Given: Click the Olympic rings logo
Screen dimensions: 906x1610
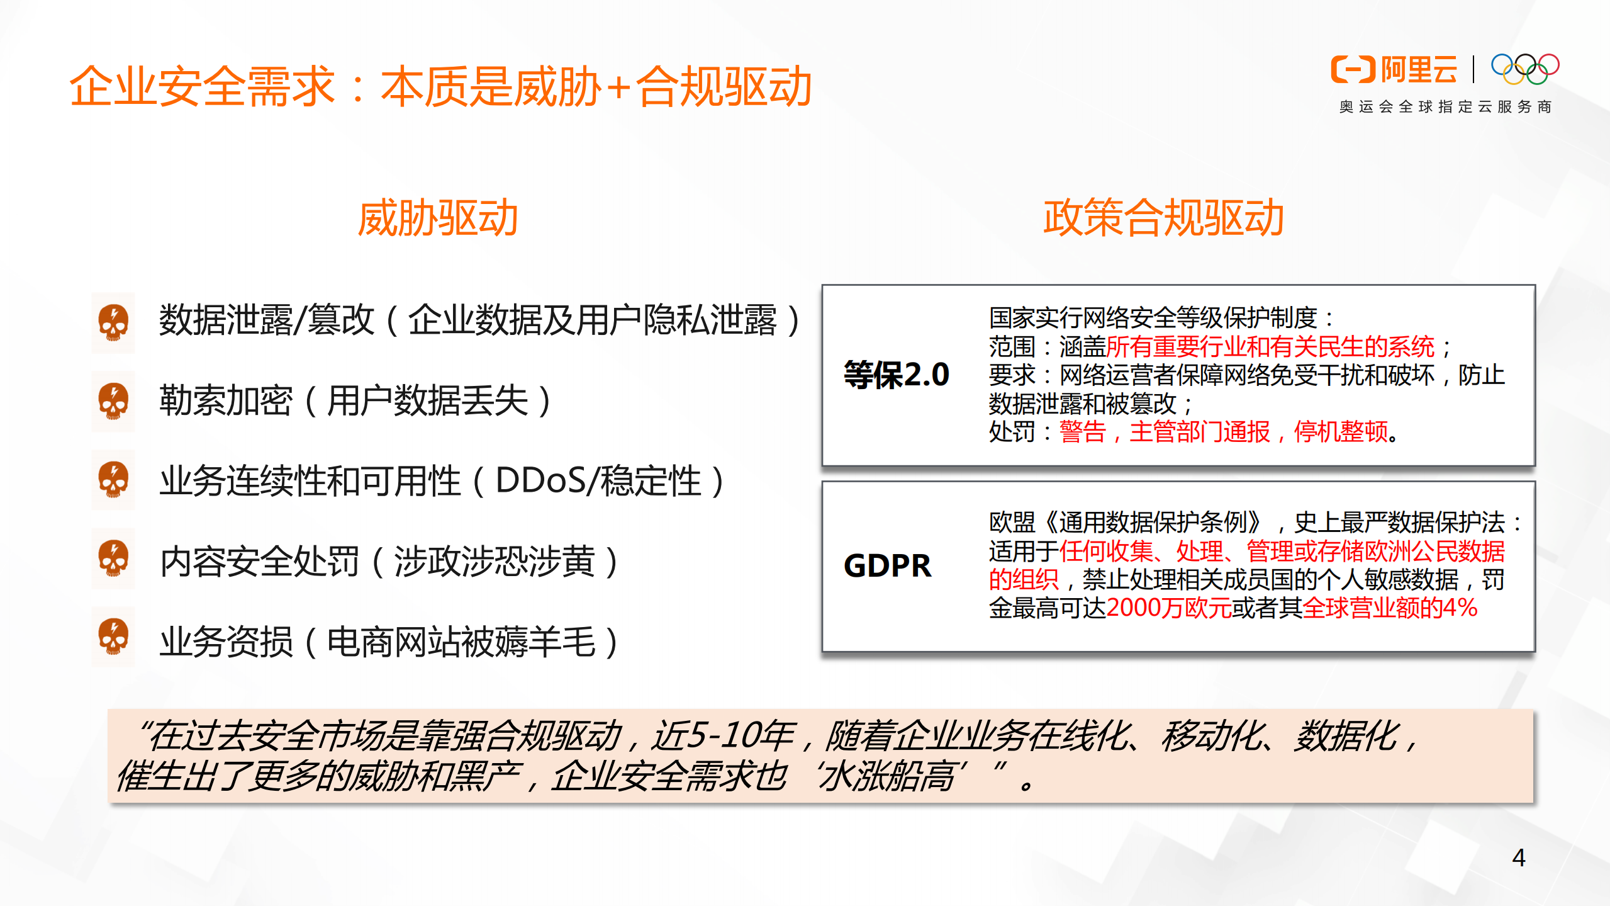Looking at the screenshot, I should point(1524,69).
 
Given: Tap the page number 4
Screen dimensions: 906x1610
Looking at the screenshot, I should point(1518,858).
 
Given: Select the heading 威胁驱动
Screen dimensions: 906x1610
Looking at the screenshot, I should point(438,218).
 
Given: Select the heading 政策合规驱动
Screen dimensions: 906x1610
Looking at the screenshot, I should point(1163,218).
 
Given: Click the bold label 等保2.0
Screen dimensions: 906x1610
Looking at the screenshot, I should point(896,375).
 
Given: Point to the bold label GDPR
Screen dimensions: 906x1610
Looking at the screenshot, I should point(887,566).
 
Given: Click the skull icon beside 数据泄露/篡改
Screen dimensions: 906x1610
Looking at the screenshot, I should point(113,322).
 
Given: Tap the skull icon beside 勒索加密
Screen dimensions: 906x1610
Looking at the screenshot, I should point(113,402).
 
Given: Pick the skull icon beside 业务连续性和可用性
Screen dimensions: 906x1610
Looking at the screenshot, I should point(113,480).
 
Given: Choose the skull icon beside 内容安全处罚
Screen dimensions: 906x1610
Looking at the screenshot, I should point(113,559).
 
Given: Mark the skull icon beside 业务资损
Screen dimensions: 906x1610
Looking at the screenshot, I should point(113,637).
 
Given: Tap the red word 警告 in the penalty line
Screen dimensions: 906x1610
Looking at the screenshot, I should point(1082,433).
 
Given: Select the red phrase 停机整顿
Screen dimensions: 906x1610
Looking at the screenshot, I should point(1340,433).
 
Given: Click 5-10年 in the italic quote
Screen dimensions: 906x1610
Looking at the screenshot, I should point(723,735).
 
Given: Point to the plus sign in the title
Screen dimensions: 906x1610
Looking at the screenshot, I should point(619,87).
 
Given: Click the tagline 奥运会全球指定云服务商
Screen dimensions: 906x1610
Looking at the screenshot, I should point(1445,107).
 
